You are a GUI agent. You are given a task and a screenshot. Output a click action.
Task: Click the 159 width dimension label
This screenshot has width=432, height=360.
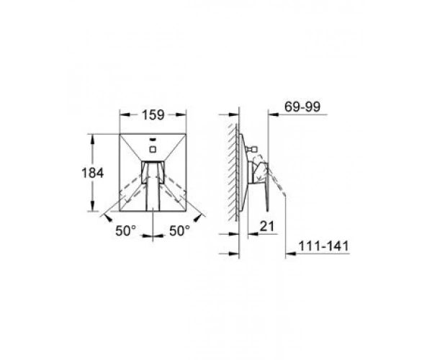pyautogui.click(x=153, y=114)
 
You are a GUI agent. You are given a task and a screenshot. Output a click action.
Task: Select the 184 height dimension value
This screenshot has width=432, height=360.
pyautogui.click(x=93, y=173)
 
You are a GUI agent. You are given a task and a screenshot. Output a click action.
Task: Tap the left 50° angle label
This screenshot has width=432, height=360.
pyautogui.click(x=125, y=230)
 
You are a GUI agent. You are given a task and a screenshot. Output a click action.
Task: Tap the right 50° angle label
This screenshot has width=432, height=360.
pyautogui.click(x=179, y=230)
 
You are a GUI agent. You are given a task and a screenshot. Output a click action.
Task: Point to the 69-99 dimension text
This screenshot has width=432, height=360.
pyautogui.click(x=302, y=107)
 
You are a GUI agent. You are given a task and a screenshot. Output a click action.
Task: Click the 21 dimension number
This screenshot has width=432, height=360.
pyautogui.click(x=267, y=226)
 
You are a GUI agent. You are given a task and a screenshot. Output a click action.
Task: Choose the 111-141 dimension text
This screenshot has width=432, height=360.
pyautogui.click(x=323, y=246)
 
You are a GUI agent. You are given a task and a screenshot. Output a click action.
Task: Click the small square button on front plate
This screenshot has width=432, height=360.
pyautogui.click(x=153, y=149)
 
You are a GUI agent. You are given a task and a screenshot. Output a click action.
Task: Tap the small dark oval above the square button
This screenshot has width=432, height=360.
pyautogui.click(x=153, y=139)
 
